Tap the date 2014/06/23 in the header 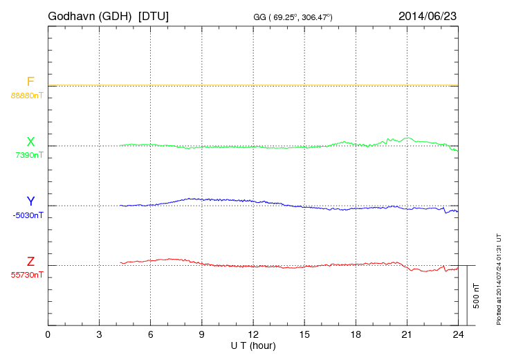click(x=427, y=15)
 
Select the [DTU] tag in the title click(x=154, y=15)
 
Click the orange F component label click(x=30, y=82)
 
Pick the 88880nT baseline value click(x=27, y=95)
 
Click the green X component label click(x=30, y=142)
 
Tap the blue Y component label click(x=30, y=201)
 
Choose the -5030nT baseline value click(x=28, y=215)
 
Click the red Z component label click(x=30, y=262)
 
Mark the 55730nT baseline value click(x=27, y=275)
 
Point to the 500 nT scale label click(x=476, y=296)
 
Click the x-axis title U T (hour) click(x=253, y=345)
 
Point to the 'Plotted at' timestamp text click(x=498, y=278)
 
